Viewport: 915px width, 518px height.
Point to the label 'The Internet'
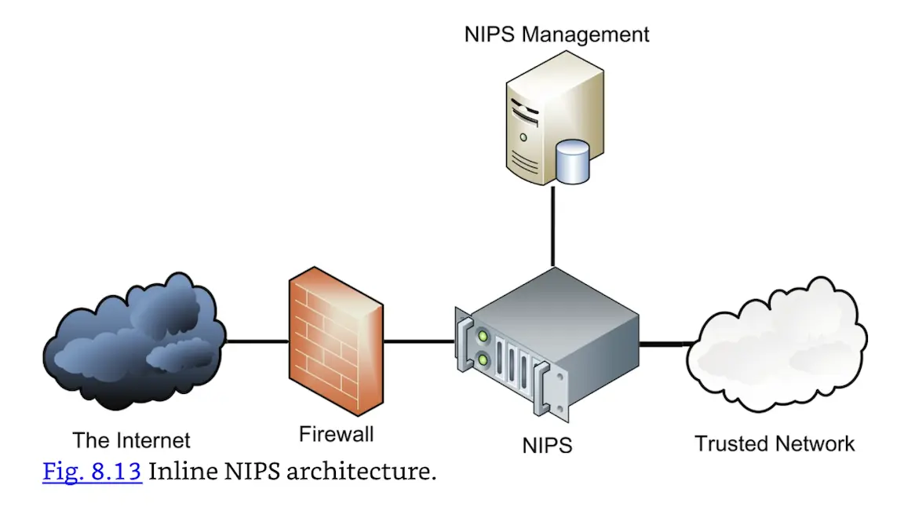pyautogui.click(x=132, y=440)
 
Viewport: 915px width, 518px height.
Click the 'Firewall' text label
pyautogui.click(x=337, y=434)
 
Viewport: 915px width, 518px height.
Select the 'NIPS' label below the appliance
pyautogui.click(x=547, y=446)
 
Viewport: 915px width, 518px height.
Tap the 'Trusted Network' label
pyautogui.click(x=775, y=443)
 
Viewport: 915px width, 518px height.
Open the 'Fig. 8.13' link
pyautogui.click(x=92, y=472)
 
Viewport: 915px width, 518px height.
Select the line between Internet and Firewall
pyautogui.click(x=257, y=342)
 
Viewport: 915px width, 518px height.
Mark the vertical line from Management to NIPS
pyautogui.click(x=553, y=228)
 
